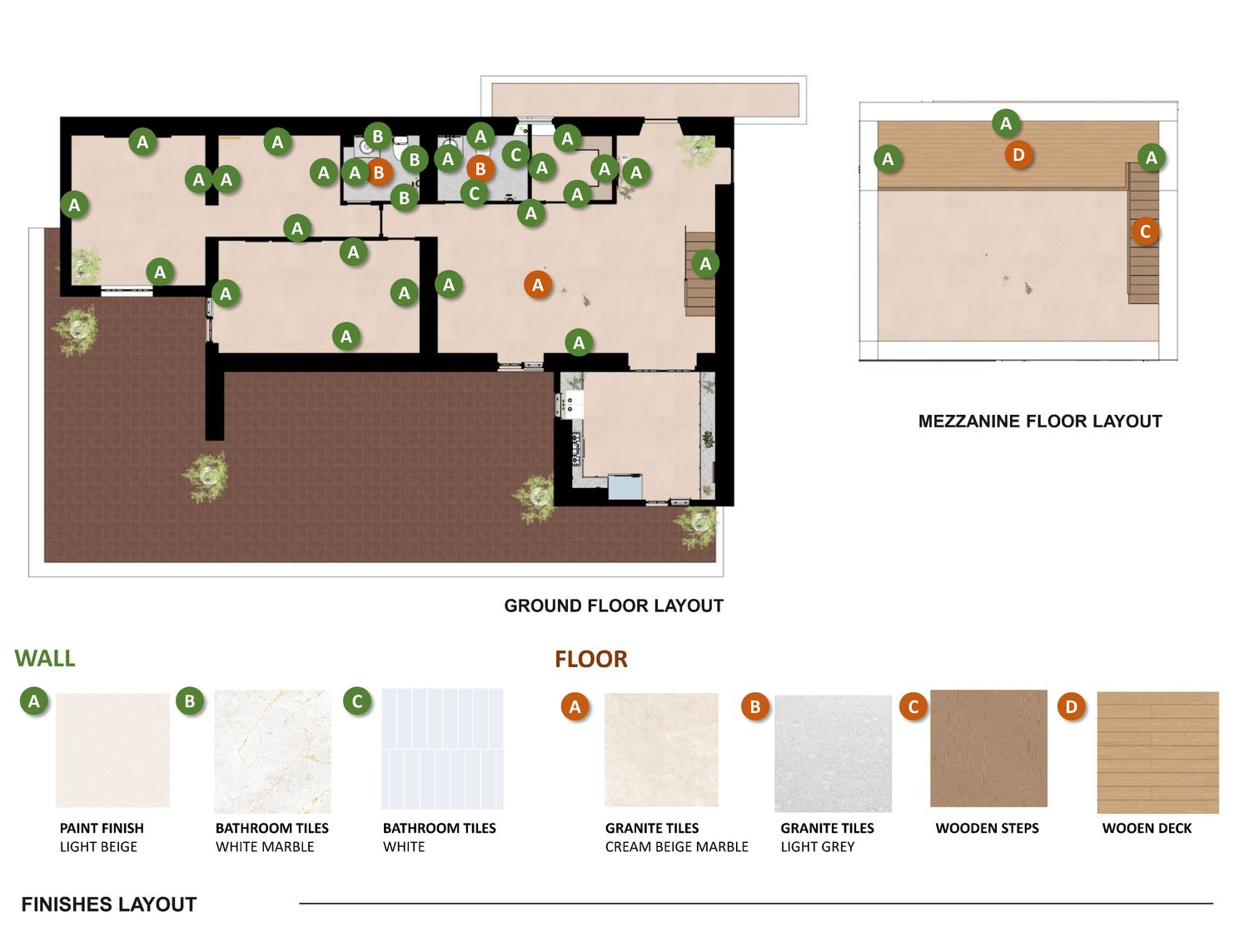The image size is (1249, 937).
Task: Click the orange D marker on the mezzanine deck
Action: pyautogui.click(x=1018, y=155)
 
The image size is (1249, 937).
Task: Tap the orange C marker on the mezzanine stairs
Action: pyautogui.click(x=1145, y=232)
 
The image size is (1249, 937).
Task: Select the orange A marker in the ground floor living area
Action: pyautogui.click(x=538, y=285)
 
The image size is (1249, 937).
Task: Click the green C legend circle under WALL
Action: pyautogui.click(x=357, y=701)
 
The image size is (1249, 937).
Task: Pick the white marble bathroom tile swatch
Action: pyautogui.click(x=272, y=751)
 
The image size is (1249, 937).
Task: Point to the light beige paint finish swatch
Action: pyautogui.click(x=112, y=750)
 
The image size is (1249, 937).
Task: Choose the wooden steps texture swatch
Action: pyautogui.click(x=988, y=748)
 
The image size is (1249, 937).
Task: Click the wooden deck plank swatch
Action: pyautogui.click(x=1157, y=752)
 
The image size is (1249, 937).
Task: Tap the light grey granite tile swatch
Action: pyautogui.click(x=833, y=753)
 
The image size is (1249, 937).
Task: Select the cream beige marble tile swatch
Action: pyautogui.click(x=661, y=750)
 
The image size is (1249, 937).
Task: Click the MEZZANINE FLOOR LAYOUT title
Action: pyautogui.click(x=1040, y=421)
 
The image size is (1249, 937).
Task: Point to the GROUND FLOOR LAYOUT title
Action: pyautogui.click(x=614, y=606)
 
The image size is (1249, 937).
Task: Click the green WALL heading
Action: pyautogui.click(x=45, y=658)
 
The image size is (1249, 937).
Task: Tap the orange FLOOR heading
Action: pyautogui.click(x=591, y=660)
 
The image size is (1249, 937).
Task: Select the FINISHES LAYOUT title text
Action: pyautogui.click(x=109, y=905)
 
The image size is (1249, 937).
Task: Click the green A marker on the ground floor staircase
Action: pyautogui.click(x=705, y=263)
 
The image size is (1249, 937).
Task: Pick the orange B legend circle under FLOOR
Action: pyautogui.click(x=755, y=706)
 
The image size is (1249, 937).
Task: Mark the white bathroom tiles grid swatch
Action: pyautogui.click(x=442, y=749)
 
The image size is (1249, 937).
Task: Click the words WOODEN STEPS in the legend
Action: pyautogui.click(x=987, y=829)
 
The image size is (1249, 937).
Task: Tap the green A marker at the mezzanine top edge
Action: pyautogui.click(x=1006, y=123)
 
